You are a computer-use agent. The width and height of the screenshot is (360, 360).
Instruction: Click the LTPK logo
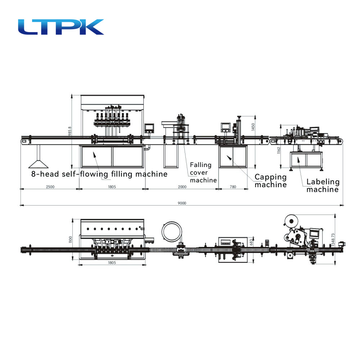pyautogui.click(x=61, y=27)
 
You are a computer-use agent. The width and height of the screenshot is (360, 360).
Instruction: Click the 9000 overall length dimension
pyautogui.click(x=182, y=203)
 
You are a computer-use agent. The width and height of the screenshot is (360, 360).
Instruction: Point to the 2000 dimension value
pyautogui.click(x=182, y=186)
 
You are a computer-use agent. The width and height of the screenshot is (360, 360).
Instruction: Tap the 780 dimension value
pyautogui.click(x=233, y=186)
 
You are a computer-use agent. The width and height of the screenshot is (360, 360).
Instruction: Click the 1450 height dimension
pyautogui.click(x=253, y=127)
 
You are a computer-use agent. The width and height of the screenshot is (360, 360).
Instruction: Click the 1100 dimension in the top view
pyautogui.click(x=71, y=239)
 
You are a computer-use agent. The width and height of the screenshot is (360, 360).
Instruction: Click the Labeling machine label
pyautogui.click(x=323, y=185)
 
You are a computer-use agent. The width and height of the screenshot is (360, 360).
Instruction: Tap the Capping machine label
pyautogui.click(x=271, y=180)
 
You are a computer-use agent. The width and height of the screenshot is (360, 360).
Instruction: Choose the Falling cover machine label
pyautogui.click(x=203, y=172)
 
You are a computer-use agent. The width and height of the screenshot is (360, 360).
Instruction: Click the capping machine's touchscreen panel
pyautogui.click(x=225, y=126)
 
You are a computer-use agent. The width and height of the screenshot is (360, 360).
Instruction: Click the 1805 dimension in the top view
pyautogui.click(x=112, y=263)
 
